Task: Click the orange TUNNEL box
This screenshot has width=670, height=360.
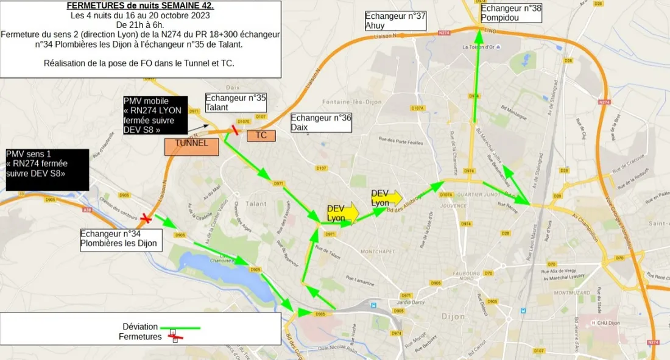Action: click(192, 147)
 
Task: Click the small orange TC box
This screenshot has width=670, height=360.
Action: click(261, 136)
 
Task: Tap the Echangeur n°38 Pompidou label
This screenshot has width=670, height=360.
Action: click(510, 13)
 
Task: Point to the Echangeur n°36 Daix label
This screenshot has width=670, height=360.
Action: click(321, 122)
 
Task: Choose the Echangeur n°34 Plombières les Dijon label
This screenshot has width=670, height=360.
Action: click(121, 239)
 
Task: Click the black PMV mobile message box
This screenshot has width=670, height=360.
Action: click(155, 115)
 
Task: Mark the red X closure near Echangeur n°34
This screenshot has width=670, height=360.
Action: click(146, 218)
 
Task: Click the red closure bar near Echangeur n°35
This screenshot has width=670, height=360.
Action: click(234, 129)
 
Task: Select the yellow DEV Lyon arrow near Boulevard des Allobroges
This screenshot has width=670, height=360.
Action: click(387, 197)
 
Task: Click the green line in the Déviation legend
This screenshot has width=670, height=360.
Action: click(180, 328)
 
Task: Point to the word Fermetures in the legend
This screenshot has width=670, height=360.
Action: click(139, 337)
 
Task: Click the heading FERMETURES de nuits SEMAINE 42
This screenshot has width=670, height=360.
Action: click(140, 5)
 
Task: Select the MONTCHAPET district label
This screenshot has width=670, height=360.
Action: click(378, 251)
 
